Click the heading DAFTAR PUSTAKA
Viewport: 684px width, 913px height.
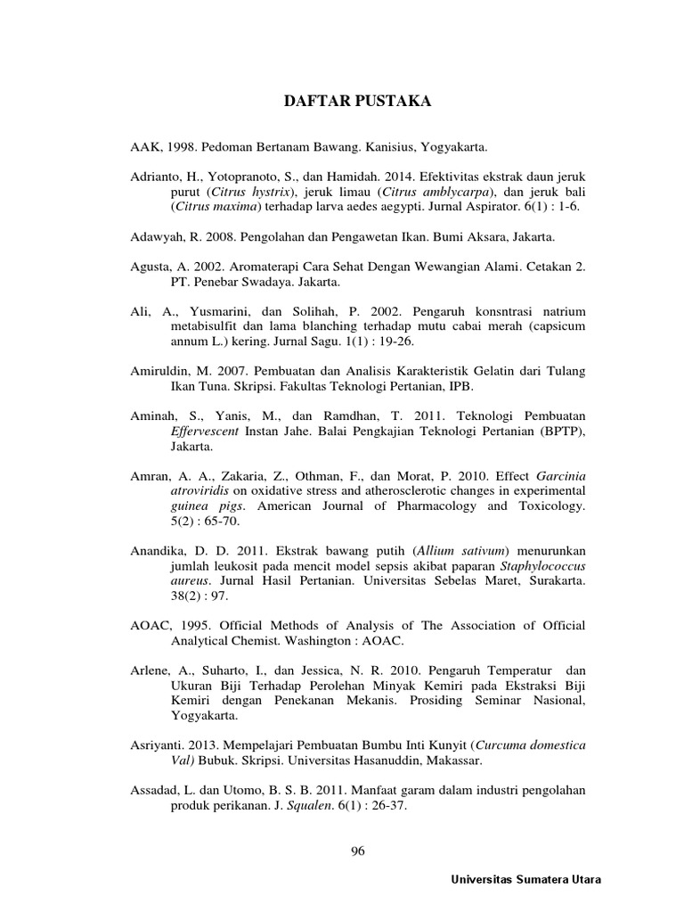[356, 102]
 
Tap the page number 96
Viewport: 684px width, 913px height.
[358, 851]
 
